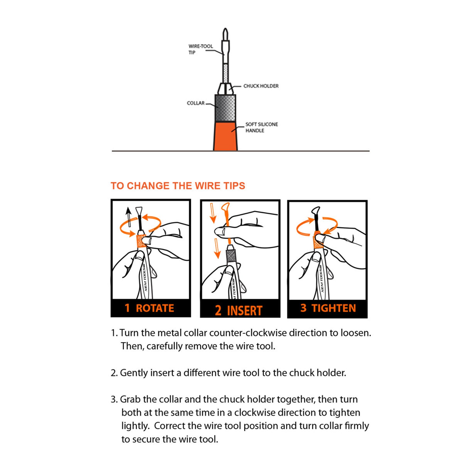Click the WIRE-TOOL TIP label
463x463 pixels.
[x=200, y=49]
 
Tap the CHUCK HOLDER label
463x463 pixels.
[x=261, y=86]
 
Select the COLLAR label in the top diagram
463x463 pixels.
[x=196, y=103]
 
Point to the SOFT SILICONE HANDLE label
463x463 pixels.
[x=262, y=127]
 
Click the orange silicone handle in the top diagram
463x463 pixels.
[x=225, y=136]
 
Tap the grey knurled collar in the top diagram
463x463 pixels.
[x=225, y=108]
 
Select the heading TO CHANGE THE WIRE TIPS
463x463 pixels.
[x=178, y=186]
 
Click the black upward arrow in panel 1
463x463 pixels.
[x=128, y=217]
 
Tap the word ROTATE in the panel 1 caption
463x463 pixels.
[x=155, y=308]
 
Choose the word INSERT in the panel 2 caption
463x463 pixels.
[x=245, y=311]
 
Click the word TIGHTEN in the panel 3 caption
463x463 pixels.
[x=334, y=308]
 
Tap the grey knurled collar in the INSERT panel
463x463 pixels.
[x=231, y=256]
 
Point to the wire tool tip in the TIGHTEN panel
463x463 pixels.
[x=315, y=211]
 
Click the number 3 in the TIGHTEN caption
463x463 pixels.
[x=304, y=308]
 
